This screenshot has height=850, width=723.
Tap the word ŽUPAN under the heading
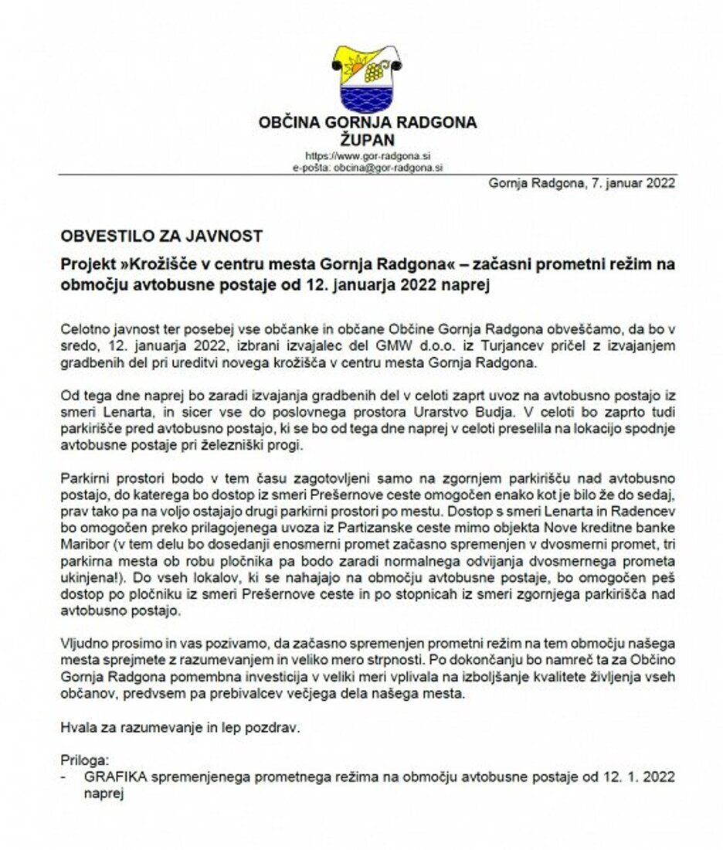tap(368, 139)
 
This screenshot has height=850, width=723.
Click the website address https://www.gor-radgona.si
tap(368, 155)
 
